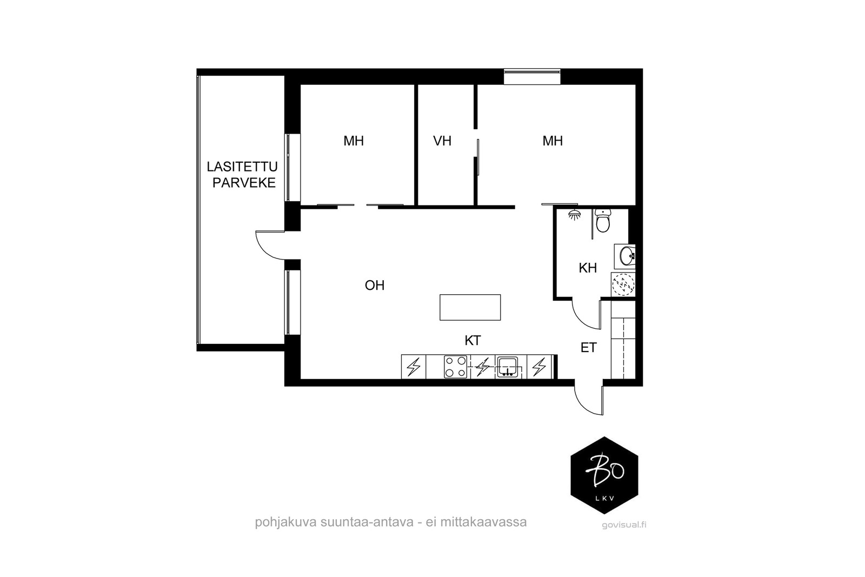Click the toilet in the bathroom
(602, 221)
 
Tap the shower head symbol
(575, 215)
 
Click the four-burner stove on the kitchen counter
(455, 367)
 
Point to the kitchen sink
(507, 367)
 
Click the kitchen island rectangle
(470, 307)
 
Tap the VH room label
(442, 141)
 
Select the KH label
(588, 268)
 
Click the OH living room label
(375, 286)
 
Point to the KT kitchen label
(473, 340)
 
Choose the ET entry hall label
(589, 348)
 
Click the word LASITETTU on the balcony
(242, 167)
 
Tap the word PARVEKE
(244, 183)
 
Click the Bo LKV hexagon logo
(604, 475)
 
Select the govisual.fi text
(624, 525)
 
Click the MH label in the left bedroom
(354, 141)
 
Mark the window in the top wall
(532, 76)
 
